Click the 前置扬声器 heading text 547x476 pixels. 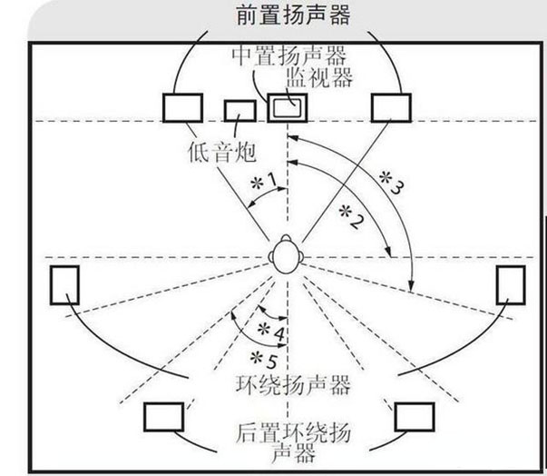pos(293,15)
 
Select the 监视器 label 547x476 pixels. pos(319,76)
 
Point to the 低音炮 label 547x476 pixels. pos(222,153)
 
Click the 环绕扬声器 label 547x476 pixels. pos(293,385)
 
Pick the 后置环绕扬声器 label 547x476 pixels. pos(293,442)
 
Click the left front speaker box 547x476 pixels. pos(183,107)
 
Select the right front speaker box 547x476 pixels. pos(391,107)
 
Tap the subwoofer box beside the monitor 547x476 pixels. pos(240,111)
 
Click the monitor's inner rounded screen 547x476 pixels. pos(287,107)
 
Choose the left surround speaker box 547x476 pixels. pos(64,285)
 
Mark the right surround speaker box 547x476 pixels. pos(511,285)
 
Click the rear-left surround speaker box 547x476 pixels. pos(164,417)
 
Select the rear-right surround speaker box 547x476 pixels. pos(415,417)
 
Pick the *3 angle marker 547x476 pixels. pos(391,182)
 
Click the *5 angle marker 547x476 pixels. pos(265,360)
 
